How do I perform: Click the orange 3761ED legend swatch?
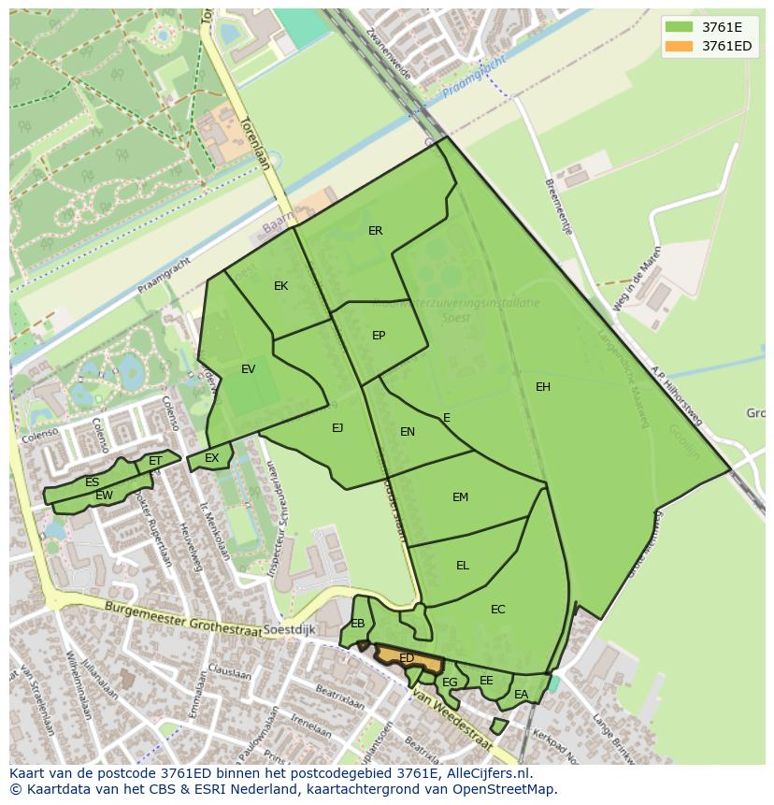680,46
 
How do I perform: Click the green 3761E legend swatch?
680,27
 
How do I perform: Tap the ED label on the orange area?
407,658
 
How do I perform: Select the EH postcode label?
543,387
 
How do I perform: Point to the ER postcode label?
376,231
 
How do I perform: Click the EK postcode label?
281,286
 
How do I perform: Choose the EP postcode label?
379,336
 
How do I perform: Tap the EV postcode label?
248,369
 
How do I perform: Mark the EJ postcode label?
337,428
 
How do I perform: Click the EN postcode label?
408,432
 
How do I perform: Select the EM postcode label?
460,497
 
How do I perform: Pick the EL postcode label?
463,566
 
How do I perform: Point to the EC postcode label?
497,610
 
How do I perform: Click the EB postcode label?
358,624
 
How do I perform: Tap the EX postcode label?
212,458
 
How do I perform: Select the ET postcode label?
155,461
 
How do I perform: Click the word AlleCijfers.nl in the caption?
486,773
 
